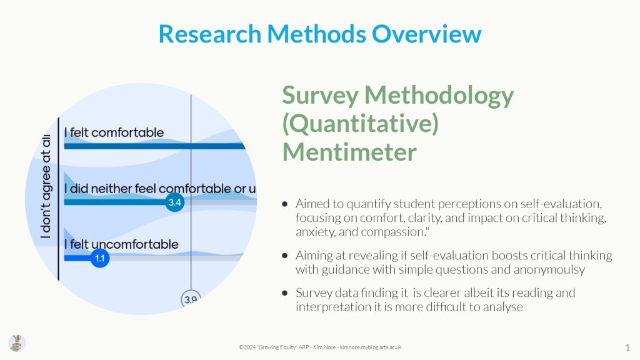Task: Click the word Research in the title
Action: (x=210, y=34)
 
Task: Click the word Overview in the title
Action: (x=426, y=34)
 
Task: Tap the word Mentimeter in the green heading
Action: (x=349, y=152)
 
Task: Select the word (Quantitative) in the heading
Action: (x=361, y=123)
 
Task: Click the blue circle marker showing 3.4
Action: (x=175, y=202)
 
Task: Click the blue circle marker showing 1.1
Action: (x=100, y=258)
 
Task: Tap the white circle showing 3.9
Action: (x=191, y=299)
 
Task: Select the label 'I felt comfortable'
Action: (x=114, y=132)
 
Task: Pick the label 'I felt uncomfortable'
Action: (x=121, y=244)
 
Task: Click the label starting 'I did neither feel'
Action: (x=160, y=189)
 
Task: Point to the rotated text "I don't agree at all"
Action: (x=46, y=186)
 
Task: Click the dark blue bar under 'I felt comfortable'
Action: (x=155, y=146)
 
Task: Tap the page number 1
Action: (x=627, y=347)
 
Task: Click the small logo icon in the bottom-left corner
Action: (x=17, y=343)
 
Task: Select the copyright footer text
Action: (x=320, y=347)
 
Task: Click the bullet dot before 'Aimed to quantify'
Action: (x=285, y=204)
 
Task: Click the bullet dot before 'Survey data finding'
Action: (x=285, y=292)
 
